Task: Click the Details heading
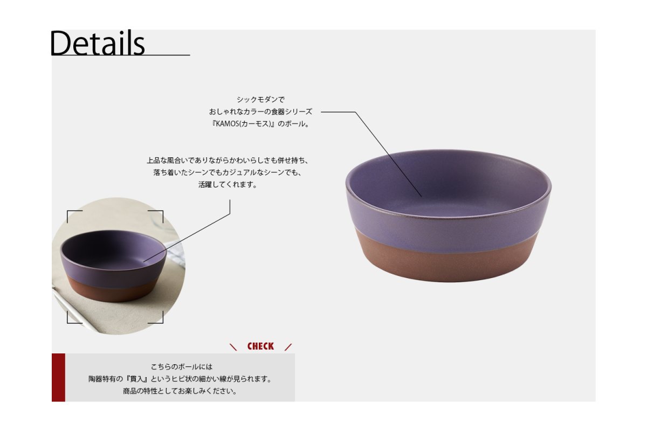coord(98,43)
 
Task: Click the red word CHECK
coord(260,346)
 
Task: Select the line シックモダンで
coord(260,100)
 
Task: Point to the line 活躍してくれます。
coord(228,184)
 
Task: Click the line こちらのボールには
coord(181,367)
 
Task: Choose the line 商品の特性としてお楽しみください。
coord(180,391)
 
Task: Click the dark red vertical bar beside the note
coord(58,377)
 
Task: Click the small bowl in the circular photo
coord(113,266)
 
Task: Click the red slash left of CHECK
coord(233,347)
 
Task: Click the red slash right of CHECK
coord(288,347)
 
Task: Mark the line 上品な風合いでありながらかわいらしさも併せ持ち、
coord(228,160)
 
